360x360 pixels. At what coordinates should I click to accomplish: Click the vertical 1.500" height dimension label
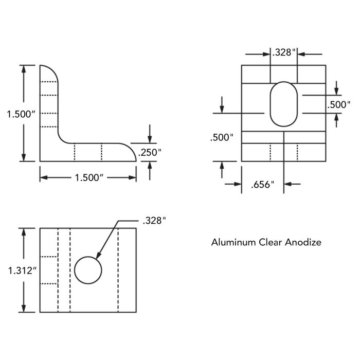(x=21, y=114)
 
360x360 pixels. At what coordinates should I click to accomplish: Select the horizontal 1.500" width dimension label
(x=89, y=177)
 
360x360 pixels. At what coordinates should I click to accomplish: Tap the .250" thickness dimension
(x=150, y=152)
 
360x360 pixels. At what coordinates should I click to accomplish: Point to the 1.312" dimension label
(x=23, y=271)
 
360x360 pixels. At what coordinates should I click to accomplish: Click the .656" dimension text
(x=263, y=184)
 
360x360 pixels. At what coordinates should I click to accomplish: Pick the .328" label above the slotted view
(x=283, y=52)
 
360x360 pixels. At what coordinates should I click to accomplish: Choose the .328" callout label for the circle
(x=154, y=221)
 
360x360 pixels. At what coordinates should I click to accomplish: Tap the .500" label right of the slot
(x=339, y=105)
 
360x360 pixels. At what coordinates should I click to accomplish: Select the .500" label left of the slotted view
(x=222, y=137)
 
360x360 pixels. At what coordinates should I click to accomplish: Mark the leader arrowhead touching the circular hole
(x=98, y=256)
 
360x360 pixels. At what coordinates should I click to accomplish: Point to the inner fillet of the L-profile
(x=61, y=139)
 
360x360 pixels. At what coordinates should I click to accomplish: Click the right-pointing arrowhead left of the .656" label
(x=238, y=184)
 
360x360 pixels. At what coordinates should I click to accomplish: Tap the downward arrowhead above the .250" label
(x=150, y=139)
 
